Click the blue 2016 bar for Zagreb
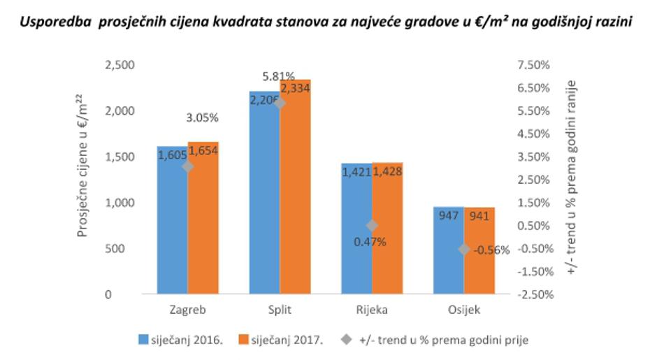click(x=172, y=231)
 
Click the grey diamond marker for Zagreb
click(x=187, y=166)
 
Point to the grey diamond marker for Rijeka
click(x=372, y=225)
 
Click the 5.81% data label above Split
click(x=279, y=75)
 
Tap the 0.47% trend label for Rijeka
click(x=370, y=242)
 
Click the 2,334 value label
click(x=296, y=87)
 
